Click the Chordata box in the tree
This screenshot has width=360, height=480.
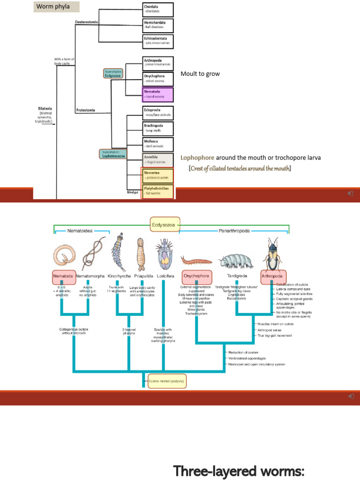click(x=157, y=9)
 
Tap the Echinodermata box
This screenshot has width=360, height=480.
click(x=157, y=41)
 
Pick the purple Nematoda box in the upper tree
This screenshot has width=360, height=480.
click(x=157, y=95)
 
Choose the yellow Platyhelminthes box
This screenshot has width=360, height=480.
click(x=157, y=191)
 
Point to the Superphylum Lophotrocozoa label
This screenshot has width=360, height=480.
click(x=112, y=154)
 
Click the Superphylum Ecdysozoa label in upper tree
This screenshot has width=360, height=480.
click(x=113, y=74)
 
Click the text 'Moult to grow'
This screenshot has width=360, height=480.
click(x=200, y=74)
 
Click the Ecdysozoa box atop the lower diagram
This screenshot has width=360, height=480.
click(x=165, y=224)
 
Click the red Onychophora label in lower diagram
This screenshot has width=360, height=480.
click(x=196, y=276)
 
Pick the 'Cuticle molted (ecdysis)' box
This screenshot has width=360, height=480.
click(x=167, y=381)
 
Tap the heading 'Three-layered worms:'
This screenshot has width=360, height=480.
click(x=239, y=470)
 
